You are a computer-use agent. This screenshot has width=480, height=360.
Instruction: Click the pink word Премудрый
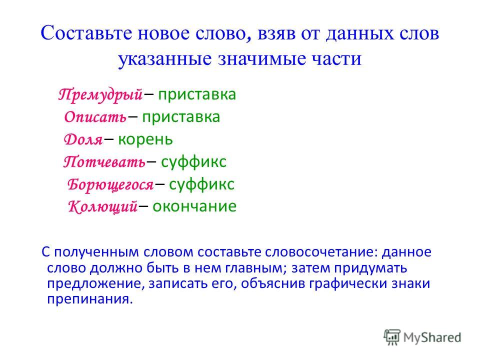coord(100,94)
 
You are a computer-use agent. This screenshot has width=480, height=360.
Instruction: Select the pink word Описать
coord(95,117)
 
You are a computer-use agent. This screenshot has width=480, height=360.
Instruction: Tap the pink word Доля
coord(83,139)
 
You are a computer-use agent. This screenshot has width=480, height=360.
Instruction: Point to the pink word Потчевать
coord(104,161)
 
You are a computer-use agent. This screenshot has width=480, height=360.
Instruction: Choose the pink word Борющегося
coord(110,184)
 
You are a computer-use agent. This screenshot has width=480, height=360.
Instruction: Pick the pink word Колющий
coord(102,206)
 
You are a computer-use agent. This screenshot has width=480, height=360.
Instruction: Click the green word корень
coord(145,140)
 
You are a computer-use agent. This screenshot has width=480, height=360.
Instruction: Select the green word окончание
coord(194,206)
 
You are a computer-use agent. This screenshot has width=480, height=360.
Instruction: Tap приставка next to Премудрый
coord(197,95)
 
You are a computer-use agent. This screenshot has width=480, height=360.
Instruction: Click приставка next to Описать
coord(181,117)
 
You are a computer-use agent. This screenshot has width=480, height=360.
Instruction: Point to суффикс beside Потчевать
coord(194,162)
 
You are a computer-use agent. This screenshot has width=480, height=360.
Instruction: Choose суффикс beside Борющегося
coord(201,184)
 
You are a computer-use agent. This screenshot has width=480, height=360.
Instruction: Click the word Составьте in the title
coord(86,33)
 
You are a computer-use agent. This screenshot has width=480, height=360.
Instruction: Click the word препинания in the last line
coord(90,299)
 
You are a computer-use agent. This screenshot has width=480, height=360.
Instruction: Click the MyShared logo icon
coord(392,337)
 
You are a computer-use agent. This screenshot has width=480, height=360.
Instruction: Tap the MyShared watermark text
coord(432,337)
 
